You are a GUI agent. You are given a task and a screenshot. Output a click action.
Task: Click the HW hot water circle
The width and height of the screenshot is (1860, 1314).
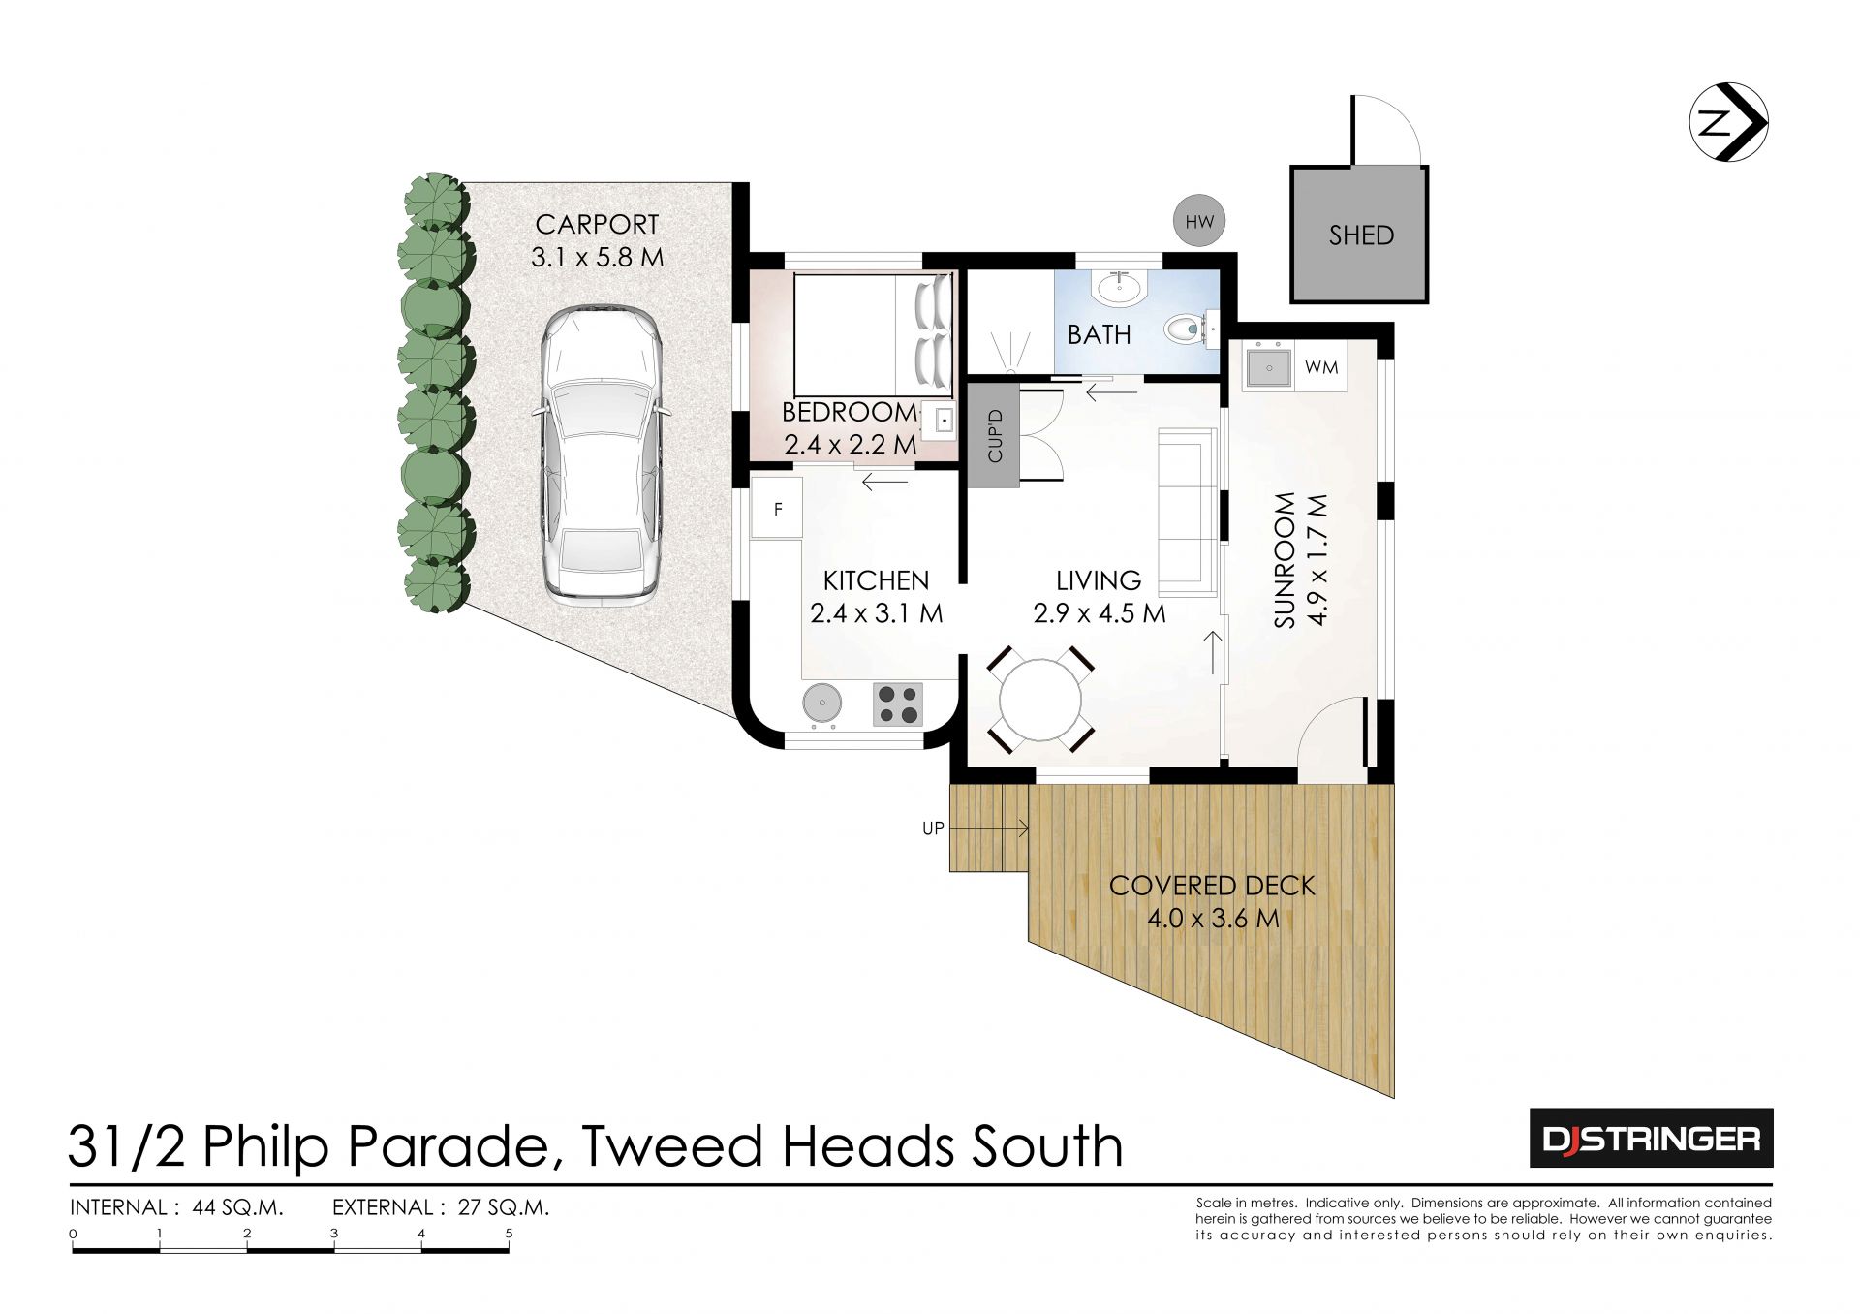tap(1198, 222)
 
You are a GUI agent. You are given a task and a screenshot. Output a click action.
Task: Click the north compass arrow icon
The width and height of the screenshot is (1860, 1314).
tap(1729, 122)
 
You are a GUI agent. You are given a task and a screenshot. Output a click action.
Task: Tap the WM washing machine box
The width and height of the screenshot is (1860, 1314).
tap(1321, 367)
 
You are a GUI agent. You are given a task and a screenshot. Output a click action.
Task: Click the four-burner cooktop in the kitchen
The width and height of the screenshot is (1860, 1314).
tap(898, 704)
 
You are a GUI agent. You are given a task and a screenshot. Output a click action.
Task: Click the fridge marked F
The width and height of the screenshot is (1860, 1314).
tap(777, 508)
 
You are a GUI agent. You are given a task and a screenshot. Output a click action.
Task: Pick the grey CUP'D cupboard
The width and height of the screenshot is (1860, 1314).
tap(994, 434)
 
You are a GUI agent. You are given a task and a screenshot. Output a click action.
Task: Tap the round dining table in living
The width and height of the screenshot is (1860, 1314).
tap(1039, 700)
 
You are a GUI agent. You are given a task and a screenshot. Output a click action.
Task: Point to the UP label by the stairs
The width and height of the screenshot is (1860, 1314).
tap(933, 829)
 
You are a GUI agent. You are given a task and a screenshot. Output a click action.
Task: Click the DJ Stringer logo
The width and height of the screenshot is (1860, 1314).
tap(1651, 1138)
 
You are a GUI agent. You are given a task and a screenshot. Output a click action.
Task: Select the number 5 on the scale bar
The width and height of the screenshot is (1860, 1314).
tap(509, 1234)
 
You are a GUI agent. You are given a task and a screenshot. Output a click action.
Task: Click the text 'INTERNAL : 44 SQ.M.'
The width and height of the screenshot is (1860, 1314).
tap(176, 1207)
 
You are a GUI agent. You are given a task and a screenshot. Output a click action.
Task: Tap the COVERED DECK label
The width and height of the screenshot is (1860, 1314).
tap(1212, 886)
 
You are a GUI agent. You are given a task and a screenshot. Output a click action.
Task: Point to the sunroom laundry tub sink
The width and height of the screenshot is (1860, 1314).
tap(1268, 367)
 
